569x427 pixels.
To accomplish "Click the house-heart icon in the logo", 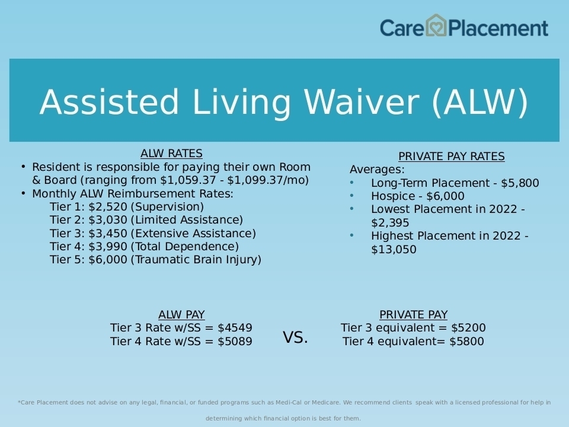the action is (x=436, y=26).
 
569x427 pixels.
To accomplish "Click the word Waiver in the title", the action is (x=362, y=102).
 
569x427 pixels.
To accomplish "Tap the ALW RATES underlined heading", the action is (x=171, y=154).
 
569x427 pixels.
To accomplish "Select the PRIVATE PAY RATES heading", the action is (x=452, y=157).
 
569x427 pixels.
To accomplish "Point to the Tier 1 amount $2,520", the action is (x=108, y=207).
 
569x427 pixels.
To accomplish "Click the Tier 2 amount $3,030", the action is (x=108, y=220).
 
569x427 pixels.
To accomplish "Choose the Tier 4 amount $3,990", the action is (x=108, y=247).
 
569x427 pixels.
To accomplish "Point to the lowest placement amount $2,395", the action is (x=390, y=222).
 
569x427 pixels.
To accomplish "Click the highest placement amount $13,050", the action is (x=394, y=250).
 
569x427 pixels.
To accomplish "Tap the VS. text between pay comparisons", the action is (x=295, y=337).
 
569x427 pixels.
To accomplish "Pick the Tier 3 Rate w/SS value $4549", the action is (x=235, y=328).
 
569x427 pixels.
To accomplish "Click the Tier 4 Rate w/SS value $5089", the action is (x=235, y=342).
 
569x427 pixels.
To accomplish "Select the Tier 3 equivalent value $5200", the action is (x=468, y=328).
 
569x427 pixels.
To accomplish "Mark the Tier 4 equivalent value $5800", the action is (x=466, y=342).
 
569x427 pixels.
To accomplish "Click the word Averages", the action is (x=377, y=170).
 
